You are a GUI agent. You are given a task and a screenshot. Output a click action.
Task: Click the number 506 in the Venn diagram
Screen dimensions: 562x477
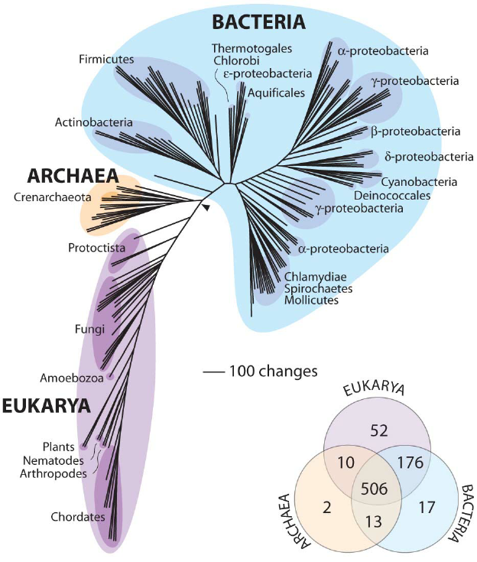[372, 489]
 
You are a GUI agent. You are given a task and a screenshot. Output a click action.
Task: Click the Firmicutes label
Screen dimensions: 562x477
[106, 58]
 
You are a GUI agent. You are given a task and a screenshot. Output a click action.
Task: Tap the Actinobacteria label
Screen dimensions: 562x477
[94, 122]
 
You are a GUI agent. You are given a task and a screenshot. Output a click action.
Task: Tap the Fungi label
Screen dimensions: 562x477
[74, 330]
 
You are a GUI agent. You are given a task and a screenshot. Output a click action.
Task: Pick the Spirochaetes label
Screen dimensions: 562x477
[318, 288]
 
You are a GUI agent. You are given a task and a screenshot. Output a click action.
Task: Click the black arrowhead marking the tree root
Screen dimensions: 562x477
[206, 206]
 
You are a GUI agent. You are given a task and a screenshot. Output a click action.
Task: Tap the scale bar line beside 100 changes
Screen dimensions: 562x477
[213, 372]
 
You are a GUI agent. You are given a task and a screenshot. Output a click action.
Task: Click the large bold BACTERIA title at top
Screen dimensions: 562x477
[248, 21]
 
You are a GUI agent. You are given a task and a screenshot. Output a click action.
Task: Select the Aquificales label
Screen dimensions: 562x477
[276, 93]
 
